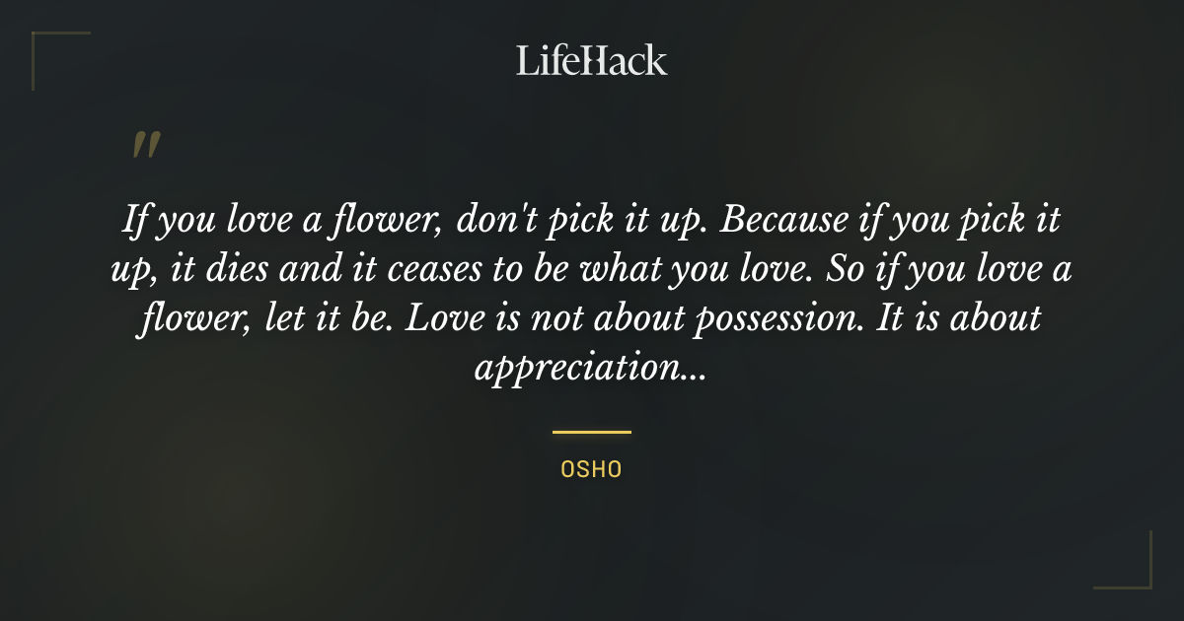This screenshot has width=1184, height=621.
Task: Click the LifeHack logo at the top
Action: point(592,60)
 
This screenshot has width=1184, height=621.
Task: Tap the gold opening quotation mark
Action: point(146,146)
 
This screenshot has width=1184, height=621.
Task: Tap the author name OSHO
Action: point(591,469)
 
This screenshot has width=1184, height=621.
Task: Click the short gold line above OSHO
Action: point(591,432)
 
